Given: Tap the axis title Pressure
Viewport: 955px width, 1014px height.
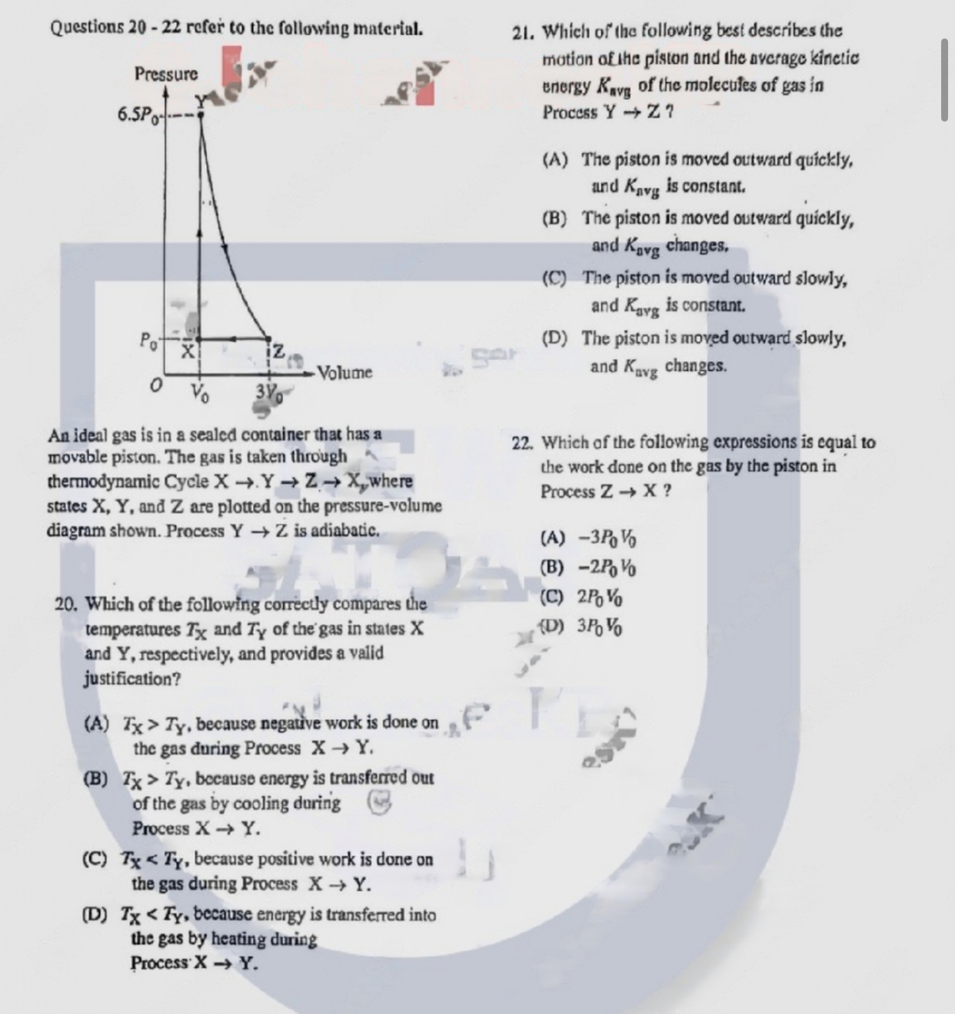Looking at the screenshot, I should coord(166,75).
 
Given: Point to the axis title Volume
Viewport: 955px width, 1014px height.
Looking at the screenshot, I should coord(345,373).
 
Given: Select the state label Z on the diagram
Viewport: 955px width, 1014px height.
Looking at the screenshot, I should coord(278,352).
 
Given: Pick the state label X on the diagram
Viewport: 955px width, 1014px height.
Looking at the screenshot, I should coord(187,352).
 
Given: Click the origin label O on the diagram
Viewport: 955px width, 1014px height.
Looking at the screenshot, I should coord(157,385).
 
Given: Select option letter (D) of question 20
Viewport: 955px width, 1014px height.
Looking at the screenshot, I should coord(96,916).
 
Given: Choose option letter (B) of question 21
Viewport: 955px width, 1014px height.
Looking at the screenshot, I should coord(554,218).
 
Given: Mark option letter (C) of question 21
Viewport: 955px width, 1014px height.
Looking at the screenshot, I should coord(554,278).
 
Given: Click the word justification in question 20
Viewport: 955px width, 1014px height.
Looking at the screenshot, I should coord(132,679).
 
